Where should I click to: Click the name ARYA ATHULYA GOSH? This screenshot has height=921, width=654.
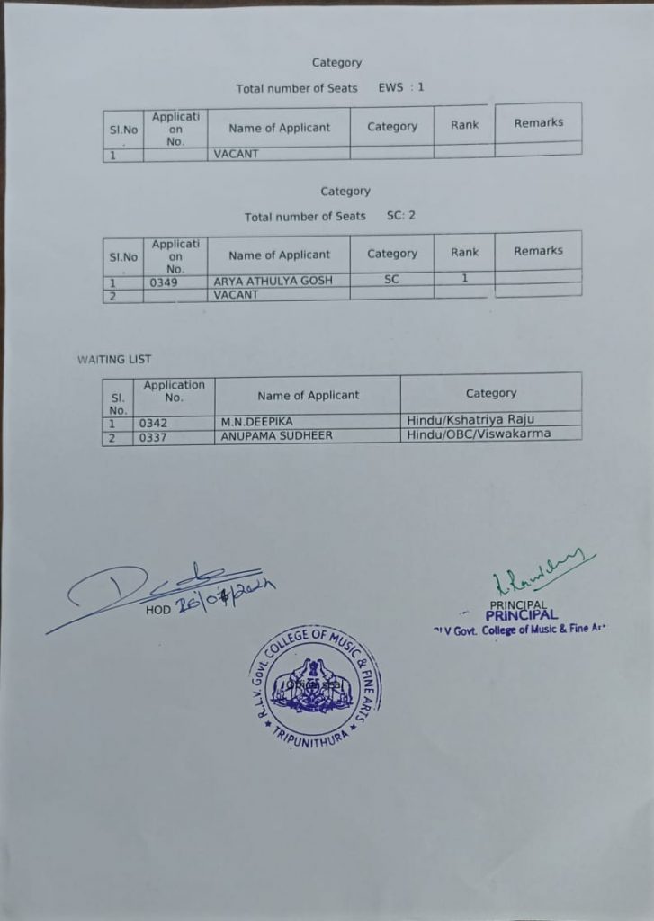click(273, 281)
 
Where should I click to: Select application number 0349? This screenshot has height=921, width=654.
click(164, 282)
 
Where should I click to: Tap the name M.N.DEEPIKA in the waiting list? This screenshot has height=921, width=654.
click(257, 422)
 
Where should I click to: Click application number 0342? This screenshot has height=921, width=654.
click(153, 423)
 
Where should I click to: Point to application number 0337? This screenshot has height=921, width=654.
click(153, 437)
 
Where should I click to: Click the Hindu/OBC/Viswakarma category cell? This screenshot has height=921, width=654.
click(479, 434)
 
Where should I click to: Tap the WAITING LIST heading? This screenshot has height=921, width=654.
click(114, 359)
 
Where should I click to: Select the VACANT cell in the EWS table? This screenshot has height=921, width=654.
click(236, 154)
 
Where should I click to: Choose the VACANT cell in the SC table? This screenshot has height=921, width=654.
click(236, 294)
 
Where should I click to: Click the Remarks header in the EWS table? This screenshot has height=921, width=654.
click(538, 122)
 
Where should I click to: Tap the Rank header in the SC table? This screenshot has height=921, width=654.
click(464, 252)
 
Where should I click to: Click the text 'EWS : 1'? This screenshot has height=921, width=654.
click(401, 87)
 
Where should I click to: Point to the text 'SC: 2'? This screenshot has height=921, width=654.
click(401, 216)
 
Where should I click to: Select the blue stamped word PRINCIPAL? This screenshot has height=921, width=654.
click(522, 615)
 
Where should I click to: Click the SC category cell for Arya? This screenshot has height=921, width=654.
click(391, 280)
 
